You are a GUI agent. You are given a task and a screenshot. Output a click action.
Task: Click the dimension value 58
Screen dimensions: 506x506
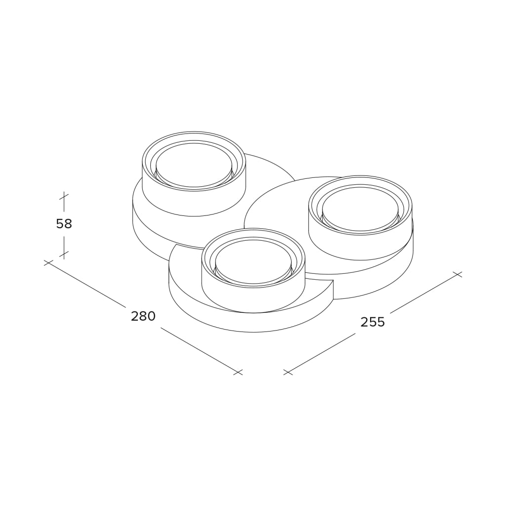(x=64, y=223)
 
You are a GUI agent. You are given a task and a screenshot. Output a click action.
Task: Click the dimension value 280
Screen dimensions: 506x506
(x=143, y=316)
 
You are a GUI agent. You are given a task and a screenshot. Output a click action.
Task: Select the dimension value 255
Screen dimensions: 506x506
(x=373, y=322)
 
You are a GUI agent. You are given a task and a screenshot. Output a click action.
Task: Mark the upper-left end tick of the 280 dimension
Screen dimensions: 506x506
(x=48, y=263)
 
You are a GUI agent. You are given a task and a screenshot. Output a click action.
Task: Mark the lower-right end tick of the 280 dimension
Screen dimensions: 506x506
(x=238, y=372)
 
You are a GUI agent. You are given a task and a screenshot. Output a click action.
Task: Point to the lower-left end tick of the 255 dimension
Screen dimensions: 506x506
(x=288, y=372)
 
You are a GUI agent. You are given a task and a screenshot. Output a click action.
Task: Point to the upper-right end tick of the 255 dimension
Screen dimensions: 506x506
(x=458, y=274)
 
